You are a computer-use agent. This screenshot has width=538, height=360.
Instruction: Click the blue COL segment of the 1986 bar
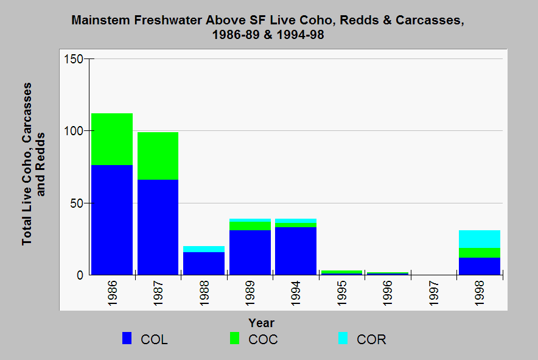[112, 220]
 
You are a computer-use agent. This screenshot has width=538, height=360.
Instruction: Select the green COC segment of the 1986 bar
[112, 139]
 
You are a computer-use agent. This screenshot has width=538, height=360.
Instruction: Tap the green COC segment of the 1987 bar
[158, 156]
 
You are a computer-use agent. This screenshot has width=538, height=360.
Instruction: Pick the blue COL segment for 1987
[158, 227]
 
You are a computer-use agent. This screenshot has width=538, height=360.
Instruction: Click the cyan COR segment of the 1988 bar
[204, 249]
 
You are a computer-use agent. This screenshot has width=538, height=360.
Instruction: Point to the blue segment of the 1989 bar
[250, 252]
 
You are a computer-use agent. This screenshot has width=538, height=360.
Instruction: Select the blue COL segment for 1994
[296, 251]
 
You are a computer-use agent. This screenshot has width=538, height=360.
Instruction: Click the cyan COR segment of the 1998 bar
[480, 239]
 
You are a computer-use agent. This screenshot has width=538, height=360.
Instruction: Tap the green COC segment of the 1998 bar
[480, 253]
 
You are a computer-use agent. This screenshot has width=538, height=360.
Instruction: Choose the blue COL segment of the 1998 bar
[480, 266]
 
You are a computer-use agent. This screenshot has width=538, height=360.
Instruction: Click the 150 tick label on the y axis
[74, 59]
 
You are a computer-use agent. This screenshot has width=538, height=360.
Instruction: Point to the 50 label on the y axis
[77, 203]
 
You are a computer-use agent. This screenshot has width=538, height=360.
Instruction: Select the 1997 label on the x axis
[434, 294]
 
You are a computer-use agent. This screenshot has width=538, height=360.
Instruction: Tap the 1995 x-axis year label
[342, 294]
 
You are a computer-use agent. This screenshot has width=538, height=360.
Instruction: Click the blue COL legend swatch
[127, 338]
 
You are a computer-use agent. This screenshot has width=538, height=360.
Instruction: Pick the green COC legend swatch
[235, 338]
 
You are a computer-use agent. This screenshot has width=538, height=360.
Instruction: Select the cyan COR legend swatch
[343, 338]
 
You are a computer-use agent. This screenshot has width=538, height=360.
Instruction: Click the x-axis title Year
[262, 323]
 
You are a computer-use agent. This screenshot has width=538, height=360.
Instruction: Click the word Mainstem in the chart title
[100, 20]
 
